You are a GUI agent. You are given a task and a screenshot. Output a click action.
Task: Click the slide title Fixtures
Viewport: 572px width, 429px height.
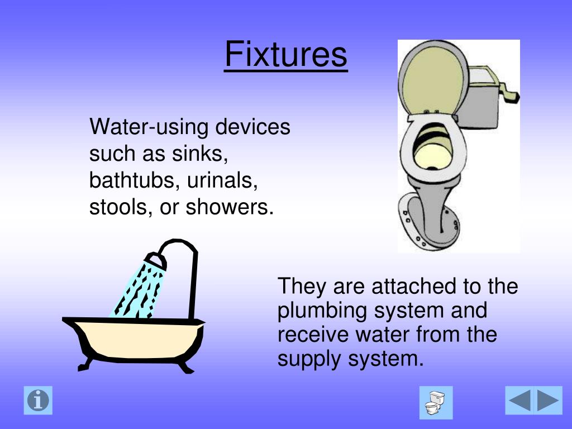[286, 54]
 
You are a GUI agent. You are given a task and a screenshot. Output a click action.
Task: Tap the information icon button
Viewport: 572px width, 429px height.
[38, 400]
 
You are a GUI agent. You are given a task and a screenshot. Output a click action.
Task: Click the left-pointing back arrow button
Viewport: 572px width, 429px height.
[520, 401]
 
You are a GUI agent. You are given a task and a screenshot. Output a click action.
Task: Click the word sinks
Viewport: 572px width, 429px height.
[204, 154]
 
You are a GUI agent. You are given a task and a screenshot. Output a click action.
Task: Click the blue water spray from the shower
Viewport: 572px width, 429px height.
[137, 290]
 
